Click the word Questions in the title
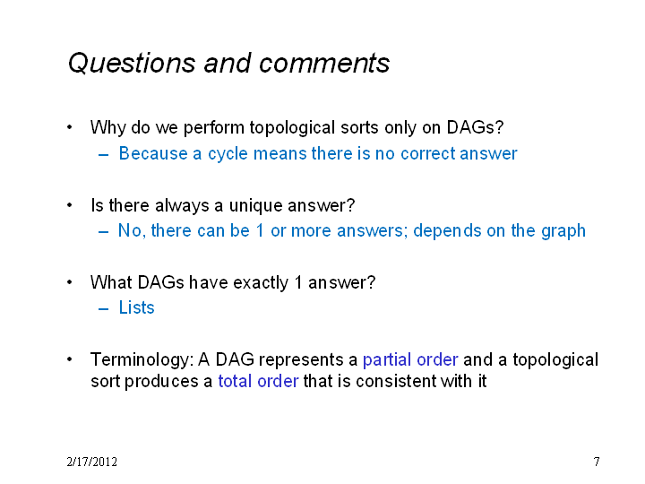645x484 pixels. tap(132, 64)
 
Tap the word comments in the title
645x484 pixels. tap(324, 64)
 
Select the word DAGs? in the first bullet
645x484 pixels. tap(475, 127)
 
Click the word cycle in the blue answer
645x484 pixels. tap(228, 154)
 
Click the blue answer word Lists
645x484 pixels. tap(136, 307)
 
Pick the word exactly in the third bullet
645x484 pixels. tap(261, 283)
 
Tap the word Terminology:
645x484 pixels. tap(142, 360)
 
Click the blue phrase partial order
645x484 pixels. tap(410, 360)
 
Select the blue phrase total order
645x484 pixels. tap(258, 382)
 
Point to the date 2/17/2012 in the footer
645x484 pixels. tap(91, 462)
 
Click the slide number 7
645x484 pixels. tap(597, 462)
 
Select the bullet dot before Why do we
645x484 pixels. tap(70, 127)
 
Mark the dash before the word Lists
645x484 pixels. tap(103, 308)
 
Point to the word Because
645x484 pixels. tap(153, 154)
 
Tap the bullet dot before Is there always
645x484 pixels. tap(70, 205)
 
